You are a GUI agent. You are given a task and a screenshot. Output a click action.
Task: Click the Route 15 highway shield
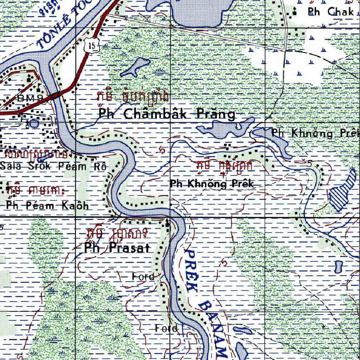(x=92, y=45)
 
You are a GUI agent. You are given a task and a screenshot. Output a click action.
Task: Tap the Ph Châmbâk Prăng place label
(x=167, y=114)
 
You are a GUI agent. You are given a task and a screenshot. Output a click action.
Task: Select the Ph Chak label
(x=330, y=12)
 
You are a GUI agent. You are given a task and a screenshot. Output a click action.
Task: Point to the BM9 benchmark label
(x=30, y=98)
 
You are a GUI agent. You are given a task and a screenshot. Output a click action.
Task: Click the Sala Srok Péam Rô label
(x=53, y=166)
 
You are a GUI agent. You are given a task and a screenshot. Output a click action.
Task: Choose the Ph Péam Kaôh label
(x=47, y=206)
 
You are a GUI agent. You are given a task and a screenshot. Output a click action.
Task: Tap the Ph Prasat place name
(x=117, y=248)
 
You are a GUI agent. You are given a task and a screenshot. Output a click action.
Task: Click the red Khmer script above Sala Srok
(x=37, y=154)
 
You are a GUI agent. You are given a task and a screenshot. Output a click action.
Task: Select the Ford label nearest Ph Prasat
(x=143, y=277)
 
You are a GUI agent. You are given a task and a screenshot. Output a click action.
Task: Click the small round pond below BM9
(x=34, y=123)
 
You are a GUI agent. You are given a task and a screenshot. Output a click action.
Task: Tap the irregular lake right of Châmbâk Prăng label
(x=225, y=129)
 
